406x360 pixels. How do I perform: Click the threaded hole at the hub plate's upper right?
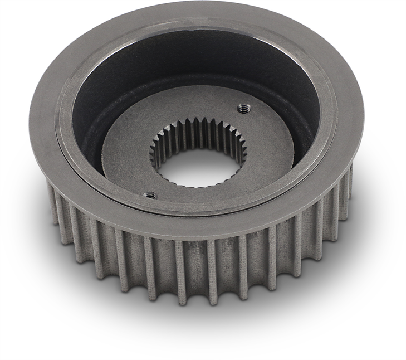coord(242,109)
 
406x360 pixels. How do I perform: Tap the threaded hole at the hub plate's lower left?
coord(149,195)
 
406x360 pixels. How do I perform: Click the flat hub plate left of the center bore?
coord(125,156)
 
